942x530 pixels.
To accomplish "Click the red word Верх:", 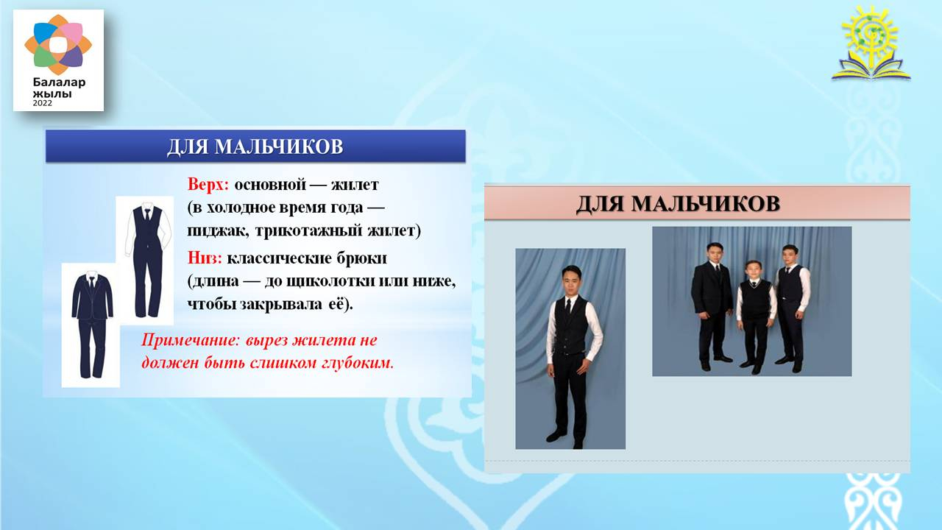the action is pyautogui.click(x=208, y=185).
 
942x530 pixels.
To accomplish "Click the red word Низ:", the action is pyautogui.click(x=205, y=258).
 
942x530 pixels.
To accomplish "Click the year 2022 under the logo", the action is pyautogui.click(x=43, y=103).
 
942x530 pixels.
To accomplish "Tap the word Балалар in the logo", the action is pyautogui.click(x=60, y=82).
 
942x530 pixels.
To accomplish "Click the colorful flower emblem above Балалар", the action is pyautogui.click(x=58, y=45).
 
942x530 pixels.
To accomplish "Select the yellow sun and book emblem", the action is pyautogui.click(x=871, y=43).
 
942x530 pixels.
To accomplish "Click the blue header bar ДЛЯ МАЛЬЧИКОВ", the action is pyautogui.click(x=255, y=146).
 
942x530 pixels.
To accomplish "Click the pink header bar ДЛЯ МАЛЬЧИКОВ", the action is pyautogui.click(x=697, y=202).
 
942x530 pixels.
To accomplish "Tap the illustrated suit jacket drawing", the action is pyautogui.click(x=92, y=296).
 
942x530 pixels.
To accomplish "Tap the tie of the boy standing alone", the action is pyautogui.click(x=569, y=306).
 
